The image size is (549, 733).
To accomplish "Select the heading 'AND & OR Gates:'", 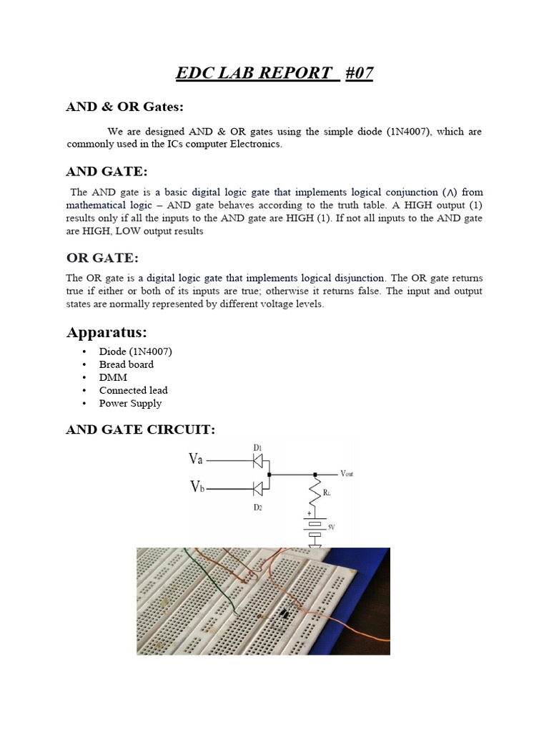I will [124, 107].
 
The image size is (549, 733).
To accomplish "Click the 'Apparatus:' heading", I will [110, 332].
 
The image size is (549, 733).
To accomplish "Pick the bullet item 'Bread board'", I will [126, 364].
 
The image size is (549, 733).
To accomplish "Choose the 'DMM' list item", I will [112, 377].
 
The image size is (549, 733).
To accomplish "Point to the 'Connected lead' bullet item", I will [133, 390].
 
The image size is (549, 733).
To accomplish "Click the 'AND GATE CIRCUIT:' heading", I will [140, 429].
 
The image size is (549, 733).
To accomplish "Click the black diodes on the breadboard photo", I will [284, 613].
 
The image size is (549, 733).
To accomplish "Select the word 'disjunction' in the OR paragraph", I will [359, 277].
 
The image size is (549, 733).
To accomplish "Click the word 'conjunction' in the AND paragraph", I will [408, 192].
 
